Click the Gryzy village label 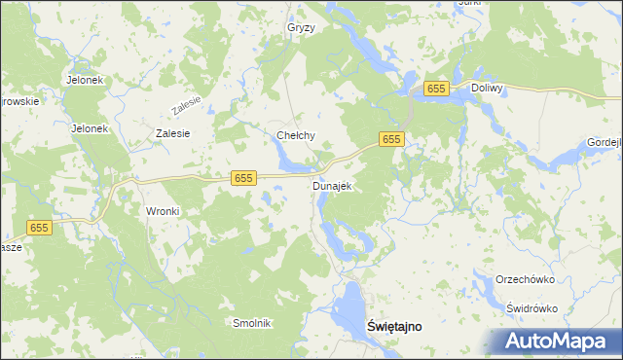301,28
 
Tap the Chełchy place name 296,135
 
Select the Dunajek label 331,185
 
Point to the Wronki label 164,211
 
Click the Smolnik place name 250,323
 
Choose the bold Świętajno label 394,327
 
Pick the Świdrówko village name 531,308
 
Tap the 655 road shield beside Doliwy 435,89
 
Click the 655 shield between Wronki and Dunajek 243,177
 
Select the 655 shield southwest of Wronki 39,227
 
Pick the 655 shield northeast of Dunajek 391,140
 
